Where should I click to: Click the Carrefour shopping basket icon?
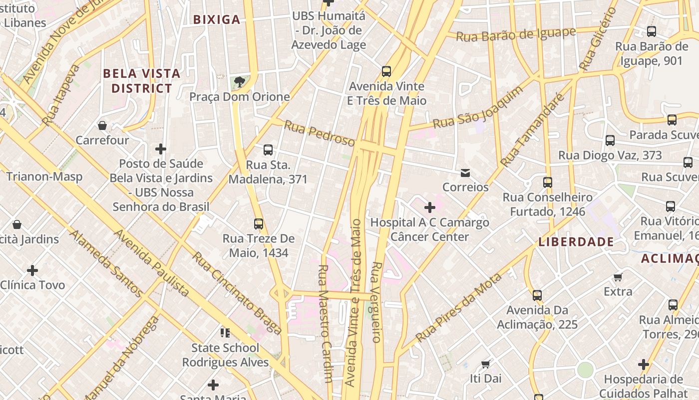102,125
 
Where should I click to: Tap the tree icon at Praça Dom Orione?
240,81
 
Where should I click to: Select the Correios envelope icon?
465,173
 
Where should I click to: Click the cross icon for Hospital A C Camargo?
429,207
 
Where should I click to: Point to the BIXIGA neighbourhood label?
217,20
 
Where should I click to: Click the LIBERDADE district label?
576,242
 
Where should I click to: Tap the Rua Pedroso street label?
320,133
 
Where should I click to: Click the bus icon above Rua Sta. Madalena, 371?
268,149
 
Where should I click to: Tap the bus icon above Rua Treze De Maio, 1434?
259,223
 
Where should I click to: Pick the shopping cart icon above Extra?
618,277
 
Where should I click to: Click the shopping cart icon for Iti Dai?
486,364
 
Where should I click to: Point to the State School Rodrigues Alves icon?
225,332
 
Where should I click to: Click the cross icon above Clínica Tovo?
32,270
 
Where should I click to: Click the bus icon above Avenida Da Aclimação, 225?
537,295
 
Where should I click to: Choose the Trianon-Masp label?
44,176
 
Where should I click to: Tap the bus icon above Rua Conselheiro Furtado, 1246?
548,182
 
